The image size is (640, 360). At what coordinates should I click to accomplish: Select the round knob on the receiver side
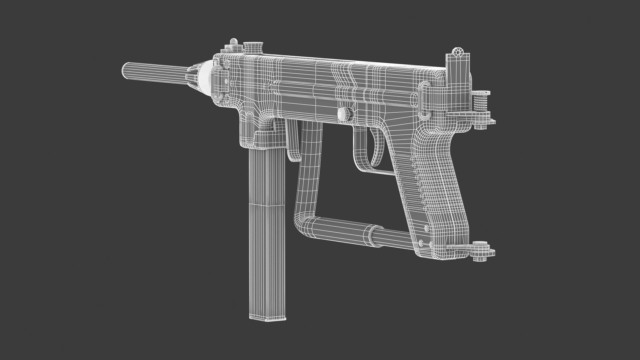point(344,114)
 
